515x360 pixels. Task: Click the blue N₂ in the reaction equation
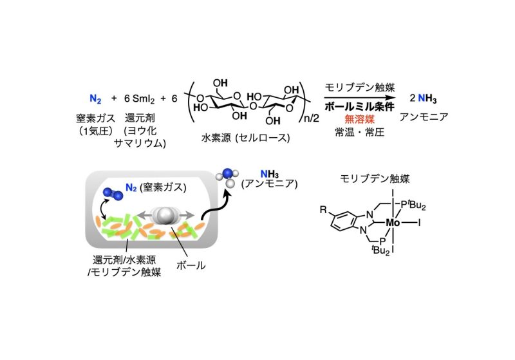pyautogui.click(x=95, y=99)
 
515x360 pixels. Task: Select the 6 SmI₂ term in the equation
pyautogui.click(x=139, y=99)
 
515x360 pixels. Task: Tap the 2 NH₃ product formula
pyautogui.click(x=423, y=99)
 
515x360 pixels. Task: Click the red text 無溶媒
pyautogui.click(x=359, y=119)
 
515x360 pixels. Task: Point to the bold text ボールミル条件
pyautogui.click(x=359, y=106)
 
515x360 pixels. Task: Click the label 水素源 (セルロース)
pyautogui.click(x=246, y=138)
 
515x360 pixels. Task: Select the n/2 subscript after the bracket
pyautogui.click(x=312, y=118)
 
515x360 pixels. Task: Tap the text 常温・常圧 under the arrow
pyautogui.click(x=359, y=132)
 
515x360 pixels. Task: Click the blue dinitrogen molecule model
pyautogui.click(x=113, y=193)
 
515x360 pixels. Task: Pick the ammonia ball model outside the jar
pyautogui.click(x=227, y=177)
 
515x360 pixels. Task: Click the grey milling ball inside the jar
pyautogui.click(x=164, y=216)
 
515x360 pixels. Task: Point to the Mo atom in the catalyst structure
pyautogui.click(x=393, y=223)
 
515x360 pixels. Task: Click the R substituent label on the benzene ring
pyautogui.click(x=323, y=209)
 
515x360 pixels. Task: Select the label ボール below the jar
pyautogui.click(x=191, y=265)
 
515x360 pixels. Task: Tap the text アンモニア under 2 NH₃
pyautogui.click(x=424, y=117)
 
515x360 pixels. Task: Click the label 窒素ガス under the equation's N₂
pyautogui.click(x=95, y=118)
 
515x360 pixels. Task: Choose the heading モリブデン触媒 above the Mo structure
pyautogui.click(x=375, y=178)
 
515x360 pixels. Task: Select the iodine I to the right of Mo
pyautogui.click(x=419, y=223)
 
